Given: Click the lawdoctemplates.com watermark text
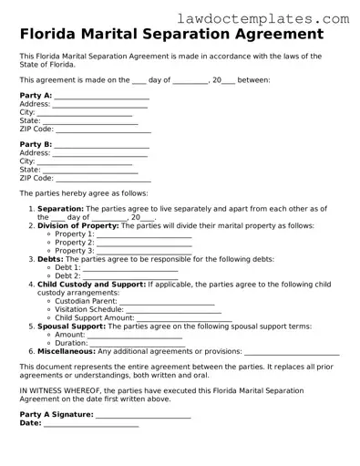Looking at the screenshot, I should [x=277, y=17].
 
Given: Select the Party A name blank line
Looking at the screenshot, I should [x=101, y=96].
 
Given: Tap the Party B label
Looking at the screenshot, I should [x=36, y=145].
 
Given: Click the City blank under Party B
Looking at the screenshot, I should [x=84, y=161].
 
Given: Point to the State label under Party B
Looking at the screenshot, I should [x=29, y=170].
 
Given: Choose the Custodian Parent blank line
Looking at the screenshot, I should [x=167, y=301].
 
